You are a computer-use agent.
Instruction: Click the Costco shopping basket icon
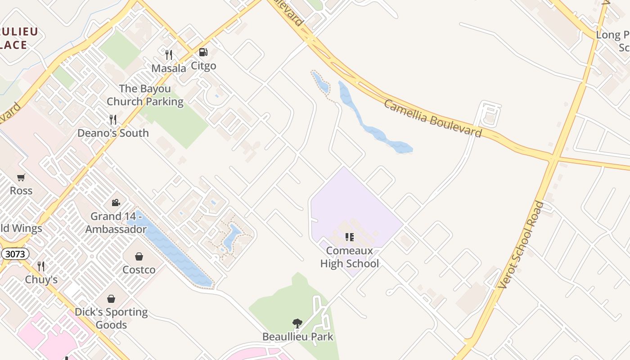pyautogui.click(x=139, y=257)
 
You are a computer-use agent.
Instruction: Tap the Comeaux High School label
pyautogui.click(x=350, y=257)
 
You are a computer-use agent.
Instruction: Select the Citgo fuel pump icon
pyautogui.click(x=203, y=53)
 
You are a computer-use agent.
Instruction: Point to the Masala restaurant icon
pyautogui.click(x=169, y=55)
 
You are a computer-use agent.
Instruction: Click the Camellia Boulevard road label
pyautogui.click(x=432, y=118)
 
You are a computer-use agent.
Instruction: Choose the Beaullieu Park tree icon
pyautogui.click(x=297, y=323)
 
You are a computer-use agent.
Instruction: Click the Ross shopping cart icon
pyautogui.click(x=21, y=177)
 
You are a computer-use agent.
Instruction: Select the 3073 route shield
pyautogui.click(x=15, y=254)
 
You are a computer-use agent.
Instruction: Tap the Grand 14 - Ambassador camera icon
pyautogui.click(x=116, y=203)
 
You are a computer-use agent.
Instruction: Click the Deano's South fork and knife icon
pyautogui.click(x=113, y=120)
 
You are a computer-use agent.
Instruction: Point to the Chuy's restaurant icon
pyautogui.click(x=41, y=266)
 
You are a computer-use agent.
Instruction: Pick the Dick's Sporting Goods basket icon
pyautogui.click(x=111, y=299)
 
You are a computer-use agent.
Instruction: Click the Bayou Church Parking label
pyautogui.click(x=145, y=95)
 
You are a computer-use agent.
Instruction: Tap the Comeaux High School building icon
pyautogui.click(x=349, y=237)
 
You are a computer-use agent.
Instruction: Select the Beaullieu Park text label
pyautogui.click(x=298, y=337)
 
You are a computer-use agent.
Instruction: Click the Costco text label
pyautogui.click(x=139, y=270)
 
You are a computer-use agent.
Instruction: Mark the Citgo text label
pyautogui.click(x=204, y=66)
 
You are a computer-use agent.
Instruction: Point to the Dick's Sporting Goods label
pyautogui.click(x=111, y=318)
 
